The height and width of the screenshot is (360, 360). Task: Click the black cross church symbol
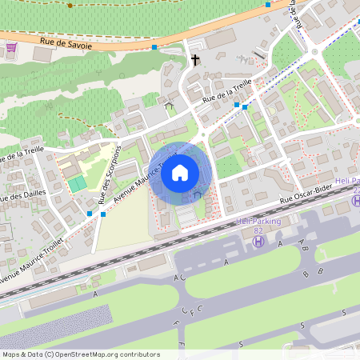point(194,60)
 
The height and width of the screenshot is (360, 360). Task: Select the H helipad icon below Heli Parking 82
point(258,241)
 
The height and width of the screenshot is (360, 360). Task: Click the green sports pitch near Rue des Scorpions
point(77,184)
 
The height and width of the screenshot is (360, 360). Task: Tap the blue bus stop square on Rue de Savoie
point(154,47)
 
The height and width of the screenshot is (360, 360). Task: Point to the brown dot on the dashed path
point(70,6)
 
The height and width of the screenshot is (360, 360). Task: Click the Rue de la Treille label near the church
point(227,90)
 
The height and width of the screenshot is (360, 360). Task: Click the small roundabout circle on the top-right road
point(315,54)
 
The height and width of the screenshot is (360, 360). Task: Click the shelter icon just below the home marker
point(197,194)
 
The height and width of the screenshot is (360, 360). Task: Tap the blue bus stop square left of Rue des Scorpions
point(89,214)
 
